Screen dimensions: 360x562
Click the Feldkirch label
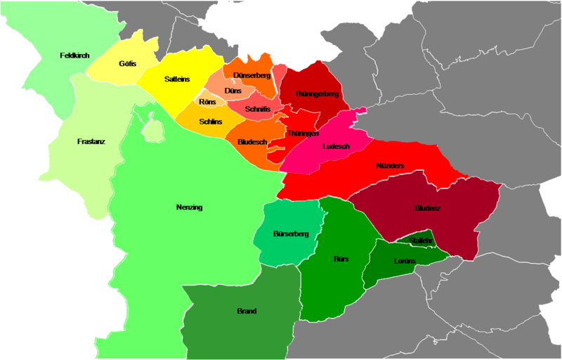[74, 55]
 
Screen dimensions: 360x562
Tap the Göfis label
[127, 64]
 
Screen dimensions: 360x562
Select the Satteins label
[176, 79]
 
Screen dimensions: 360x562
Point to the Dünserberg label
[251, 75]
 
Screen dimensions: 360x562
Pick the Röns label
[207, 103]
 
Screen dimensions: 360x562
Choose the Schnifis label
[259, 110]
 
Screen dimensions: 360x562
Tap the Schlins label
[211, 122]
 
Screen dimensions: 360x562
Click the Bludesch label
[252, 141]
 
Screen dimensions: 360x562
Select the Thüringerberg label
[317, 94]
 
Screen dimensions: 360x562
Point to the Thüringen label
[303, 133]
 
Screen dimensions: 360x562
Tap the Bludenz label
[428, 209]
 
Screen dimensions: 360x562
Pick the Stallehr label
[420, 240]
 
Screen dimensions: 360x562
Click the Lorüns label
[405, 261]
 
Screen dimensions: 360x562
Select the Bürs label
[341, 259]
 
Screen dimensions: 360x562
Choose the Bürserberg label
[291, 233]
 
